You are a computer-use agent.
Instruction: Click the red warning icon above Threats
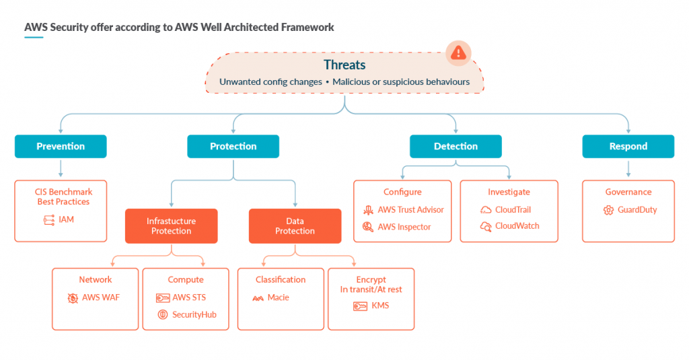click(458, 53)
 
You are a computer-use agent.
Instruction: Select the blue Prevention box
click(61, 147)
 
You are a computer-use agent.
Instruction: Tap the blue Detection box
click(456, 147)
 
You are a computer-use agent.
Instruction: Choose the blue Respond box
click(628, 147)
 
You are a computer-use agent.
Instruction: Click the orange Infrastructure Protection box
click(172, 226)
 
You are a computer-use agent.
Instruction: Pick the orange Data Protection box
click(295, 226)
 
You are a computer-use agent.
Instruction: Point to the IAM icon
click(49, 220)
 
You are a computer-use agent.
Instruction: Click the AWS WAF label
click(101, 297)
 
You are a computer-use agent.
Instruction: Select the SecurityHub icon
click(163, 314)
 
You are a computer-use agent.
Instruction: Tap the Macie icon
click(258, 298)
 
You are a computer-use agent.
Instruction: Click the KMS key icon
click(361, 306)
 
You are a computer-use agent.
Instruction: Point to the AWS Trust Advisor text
click(411, 210)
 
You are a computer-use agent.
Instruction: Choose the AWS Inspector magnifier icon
click(368, 227)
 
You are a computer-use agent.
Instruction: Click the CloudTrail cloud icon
click(486, 210)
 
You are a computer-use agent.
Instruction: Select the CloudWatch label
click(517, 226)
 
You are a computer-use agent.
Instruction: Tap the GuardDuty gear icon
click(608, 210)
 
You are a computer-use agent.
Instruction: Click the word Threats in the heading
click(344, 65)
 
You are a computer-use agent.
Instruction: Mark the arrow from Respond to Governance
click(628, 169)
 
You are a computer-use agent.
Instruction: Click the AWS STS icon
click(163, 298)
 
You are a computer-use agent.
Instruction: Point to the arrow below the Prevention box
click(61, 169)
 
